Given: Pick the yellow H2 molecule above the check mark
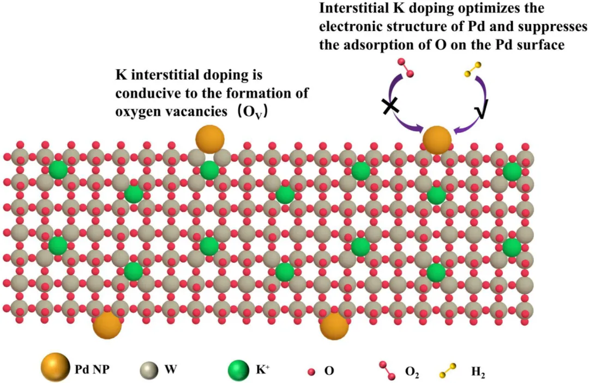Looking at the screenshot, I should [x=472, y=72].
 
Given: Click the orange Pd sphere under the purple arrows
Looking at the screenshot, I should [x=437, y=140].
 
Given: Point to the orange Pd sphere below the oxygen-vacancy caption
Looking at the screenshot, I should [x=210, y=139].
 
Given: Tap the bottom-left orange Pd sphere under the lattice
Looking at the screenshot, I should [x=107, y=325].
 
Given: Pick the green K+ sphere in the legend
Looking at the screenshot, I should [x=240, y=368].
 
